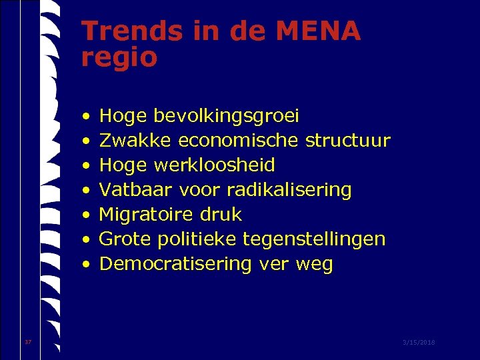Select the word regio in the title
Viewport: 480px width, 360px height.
click(119, 59)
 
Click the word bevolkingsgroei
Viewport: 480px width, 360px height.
click(227, 117)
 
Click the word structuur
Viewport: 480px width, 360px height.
click(348, 141)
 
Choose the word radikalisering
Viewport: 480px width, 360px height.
click(289, 190)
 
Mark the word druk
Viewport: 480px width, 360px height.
click(221, 215)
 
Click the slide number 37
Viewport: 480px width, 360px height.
click(28, 342)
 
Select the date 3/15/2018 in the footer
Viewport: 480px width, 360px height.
click(419, 342)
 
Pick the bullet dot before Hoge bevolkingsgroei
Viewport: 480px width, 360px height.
click(87, 117)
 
